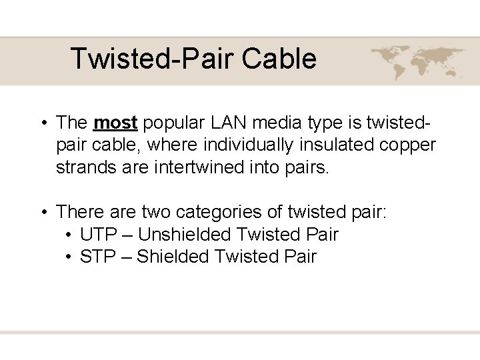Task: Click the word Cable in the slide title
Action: point(279,59)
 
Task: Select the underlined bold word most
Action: point(115,123)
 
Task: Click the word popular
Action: point(175,123)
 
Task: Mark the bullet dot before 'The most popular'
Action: point(42,123)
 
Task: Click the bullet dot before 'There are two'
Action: point(42,213)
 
